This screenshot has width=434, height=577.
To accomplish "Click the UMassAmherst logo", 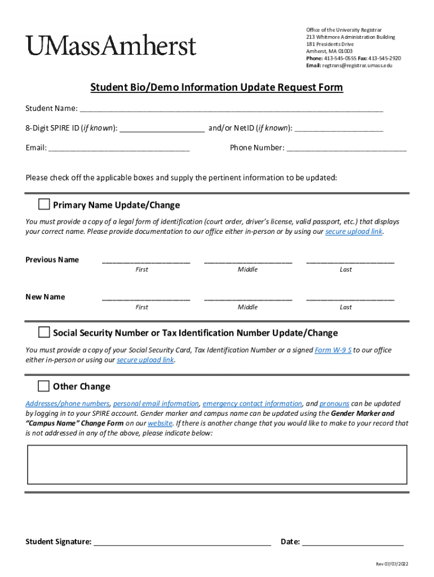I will [x=110, y=45].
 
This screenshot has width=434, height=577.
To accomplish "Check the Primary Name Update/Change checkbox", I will [x=43, y=204].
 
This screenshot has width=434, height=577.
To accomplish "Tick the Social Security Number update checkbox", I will [x=43, y=332].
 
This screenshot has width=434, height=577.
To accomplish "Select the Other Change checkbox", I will [x=43, y=386].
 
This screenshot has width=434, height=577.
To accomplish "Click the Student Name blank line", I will [x=231, y=109].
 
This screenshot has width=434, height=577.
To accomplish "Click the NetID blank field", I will [x=339, y=129].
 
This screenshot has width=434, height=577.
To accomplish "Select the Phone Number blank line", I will [x=347, y=149].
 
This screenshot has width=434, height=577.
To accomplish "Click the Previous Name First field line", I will [x=145, y=261].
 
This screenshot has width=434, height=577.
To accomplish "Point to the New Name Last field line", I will [x=350, y=299].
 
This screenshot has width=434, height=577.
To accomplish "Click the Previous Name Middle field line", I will [x=248, y=261].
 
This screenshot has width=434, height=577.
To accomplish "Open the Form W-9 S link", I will [x=333, y=350].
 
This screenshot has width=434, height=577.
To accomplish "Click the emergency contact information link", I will [x=252, y=403].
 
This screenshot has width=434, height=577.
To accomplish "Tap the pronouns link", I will [x=334, y=403].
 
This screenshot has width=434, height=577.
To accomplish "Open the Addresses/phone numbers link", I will [x=68, y=403].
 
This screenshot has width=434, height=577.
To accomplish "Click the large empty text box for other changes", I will [x=217, y=464].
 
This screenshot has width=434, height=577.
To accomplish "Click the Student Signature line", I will [x=182, y=543].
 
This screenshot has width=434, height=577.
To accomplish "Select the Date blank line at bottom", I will [x=353, y=543].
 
